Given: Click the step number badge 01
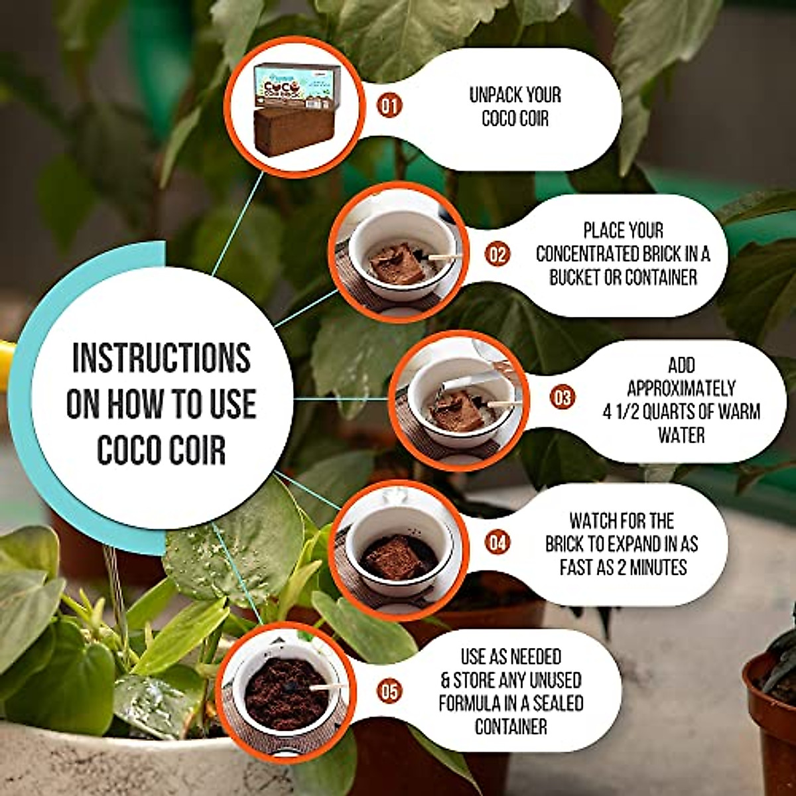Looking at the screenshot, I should click(391, 105).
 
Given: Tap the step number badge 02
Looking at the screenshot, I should click(497, 255).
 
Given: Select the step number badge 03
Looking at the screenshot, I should click(562, 398).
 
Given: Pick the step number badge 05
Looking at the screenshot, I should click(391, 691).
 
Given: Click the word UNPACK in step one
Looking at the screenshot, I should click(494, 96).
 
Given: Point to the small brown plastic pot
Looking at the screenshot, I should click(770, 716).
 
